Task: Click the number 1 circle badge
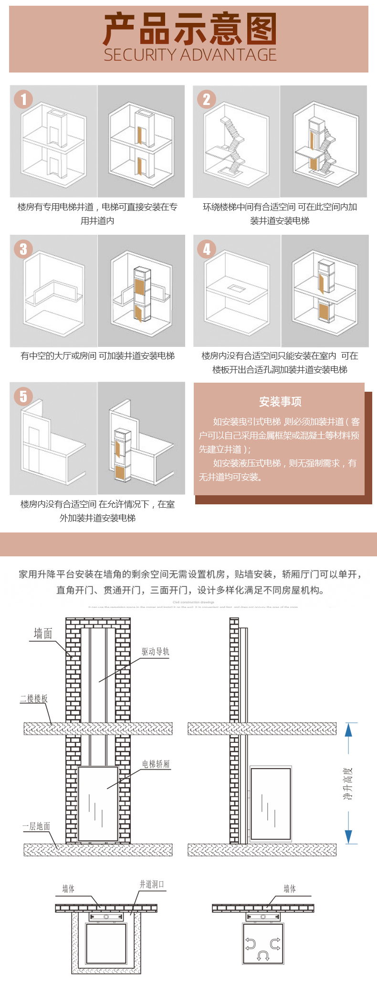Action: coord(23,99)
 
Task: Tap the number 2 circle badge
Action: coord(207,99)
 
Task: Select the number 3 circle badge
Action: coord(23,249)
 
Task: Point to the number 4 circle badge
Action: coord(207,249)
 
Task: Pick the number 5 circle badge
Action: coord(23,396)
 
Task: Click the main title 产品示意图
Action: coord(189,30)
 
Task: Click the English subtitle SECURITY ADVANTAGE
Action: coord(190,55)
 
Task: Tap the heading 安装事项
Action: coord(280,402)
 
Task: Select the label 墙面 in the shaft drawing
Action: coord(43,633)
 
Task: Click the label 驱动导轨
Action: coord(155,652)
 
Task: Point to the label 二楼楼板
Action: coord(34,699)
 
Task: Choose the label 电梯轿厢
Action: coord(156,764)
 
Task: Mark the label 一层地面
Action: coord(36,826)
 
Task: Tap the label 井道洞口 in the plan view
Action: coord(152,884)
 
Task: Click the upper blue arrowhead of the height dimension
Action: coord(348,730)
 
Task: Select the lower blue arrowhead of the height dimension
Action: coord(348,836)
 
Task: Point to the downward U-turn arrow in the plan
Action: coord(263,955)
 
